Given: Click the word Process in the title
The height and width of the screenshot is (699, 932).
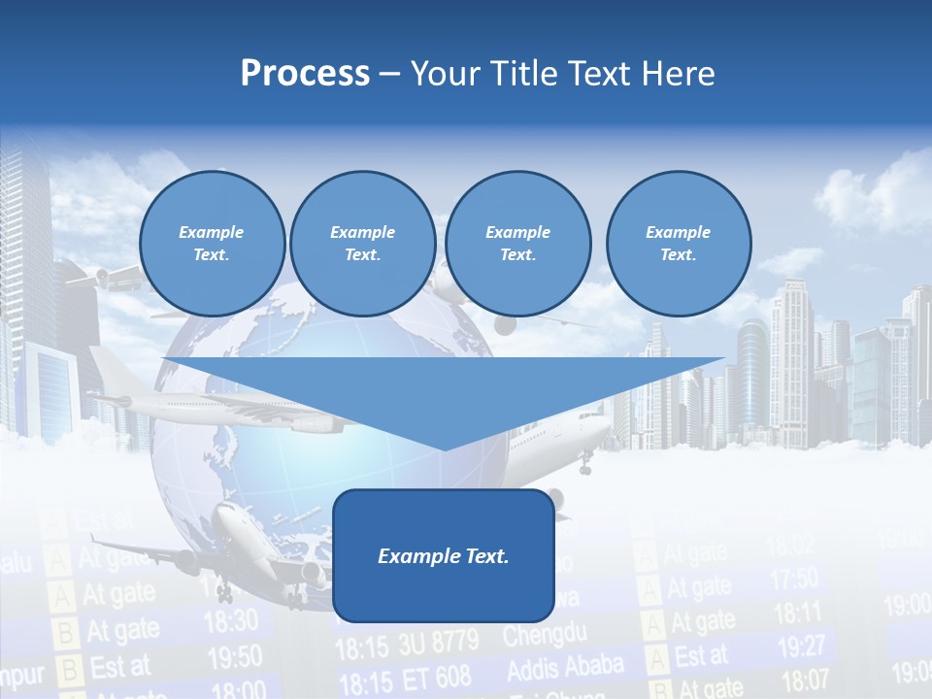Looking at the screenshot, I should coord(305,74).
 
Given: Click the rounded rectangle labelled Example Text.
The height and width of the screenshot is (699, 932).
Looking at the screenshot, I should coord(444,555).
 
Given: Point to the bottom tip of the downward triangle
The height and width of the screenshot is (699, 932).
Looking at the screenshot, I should coord(444,449).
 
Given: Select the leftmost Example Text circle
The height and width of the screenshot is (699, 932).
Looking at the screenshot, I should coord(212,244).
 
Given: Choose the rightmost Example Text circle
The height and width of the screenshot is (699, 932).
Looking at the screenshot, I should coord(679,244).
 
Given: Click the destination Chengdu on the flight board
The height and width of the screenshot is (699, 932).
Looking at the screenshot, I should coord(545,636).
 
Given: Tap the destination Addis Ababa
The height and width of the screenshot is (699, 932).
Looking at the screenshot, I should coord(565,668).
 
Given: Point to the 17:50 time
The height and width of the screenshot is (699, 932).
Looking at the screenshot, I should coord(794,580).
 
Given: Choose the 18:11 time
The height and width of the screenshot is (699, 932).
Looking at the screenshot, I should coord(797,613).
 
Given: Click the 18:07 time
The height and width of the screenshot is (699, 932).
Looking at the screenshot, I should coord(805,679).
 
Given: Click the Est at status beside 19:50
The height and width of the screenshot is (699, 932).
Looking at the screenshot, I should coord(119,667).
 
